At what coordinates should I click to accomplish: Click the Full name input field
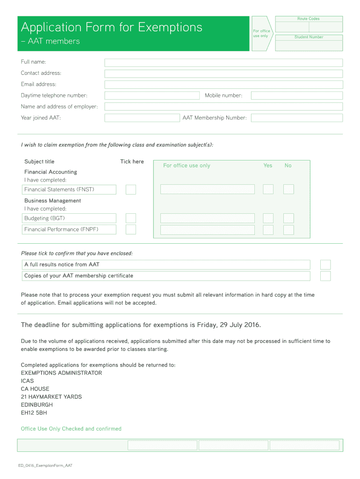coord(223,63)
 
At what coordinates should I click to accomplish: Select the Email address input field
coord(223,85)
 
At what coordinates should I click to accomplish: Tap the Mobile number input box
coord(296,95)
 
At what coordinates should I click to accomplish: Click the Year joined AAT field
coord(142,118)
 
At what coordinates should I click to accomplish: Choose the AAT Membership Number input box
coord(296,118)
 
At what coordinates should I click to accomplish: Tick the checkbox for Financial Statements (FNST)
coord(131,189)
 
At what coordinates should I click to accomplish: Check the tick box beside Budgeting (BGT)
coord(131,218)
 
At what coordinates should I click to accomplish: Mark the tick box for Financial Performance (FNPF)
coord(131,230)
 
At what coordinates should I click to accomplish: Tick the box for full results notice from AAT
coord(325,265)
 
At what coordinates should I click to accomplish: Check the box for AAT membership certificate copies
coord(325,276)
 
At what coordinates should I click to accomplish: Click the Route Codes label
coord(309,19)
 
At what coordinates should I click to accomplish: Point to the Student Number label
coord(309,37)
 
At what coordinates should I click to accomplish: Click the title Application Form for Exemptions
coord(112,27)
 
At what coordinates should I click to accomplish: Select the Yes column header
coord(267,166)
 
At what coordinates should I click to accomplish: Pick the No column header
coord(288,166)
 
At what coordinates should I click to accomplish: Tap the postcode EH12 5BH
coord(34,413)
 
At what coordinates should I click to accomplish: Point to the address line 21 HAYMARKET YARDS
coord(51,397)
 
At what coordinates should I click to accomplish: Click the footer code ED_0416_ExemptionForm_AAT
coord(46,466)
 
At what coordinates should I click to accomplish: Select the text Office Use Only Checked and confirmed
coord(71,429)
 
